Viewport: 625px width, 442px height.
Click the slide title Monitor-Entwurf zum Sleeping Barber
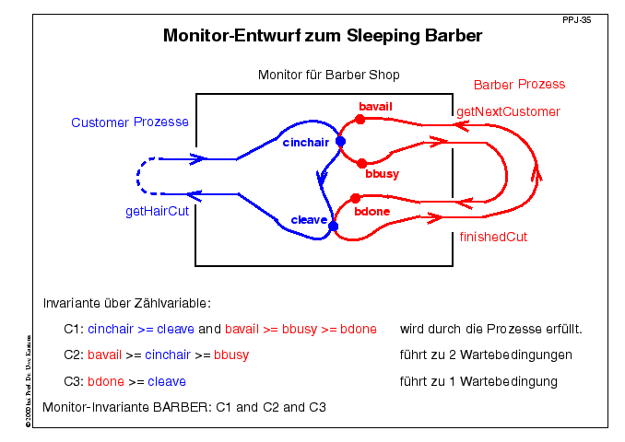pyautogui.click(x=323, y=37)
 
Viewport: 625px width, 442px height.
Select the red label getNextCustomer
pyautogui.click(x=508, y=111)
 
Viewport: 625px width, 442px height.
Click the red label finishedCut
pyautogui.click(x=493, y=237)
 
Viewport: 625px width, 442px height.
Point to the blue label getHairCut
pyautogui.click(x=162, y=211)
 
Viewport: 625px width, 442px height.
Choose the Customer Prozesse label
pyautogui.click(x=130, y=122)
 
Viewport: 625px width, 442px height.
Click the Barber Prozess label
pyautogui.click(x=519, y=85)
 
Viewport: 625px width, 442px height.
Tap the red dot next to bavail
pyautogui.click(x=360, y=119)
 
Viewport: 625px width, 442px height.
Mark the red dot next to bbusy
pyautogui.click(x=361, y=163)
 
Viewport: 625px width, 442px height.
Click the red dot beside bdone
pyautogui.click(x=354, y=198)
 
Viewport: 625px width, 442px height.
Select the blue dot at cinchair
pyautogui.click(x=340, y=142)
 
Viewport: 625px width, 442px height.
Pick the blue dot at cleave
pyautogui.click(x=334, y=226)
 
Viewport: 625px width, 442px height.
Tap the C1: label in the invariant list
pyautogui.click(x=74, y=329)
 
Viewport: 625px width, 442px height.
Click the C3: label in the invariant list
pyautogui.click(x=74, y=381)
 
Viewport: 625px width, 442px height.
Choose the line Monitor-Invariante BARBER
pyautogui.click(x=184, y=406)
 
